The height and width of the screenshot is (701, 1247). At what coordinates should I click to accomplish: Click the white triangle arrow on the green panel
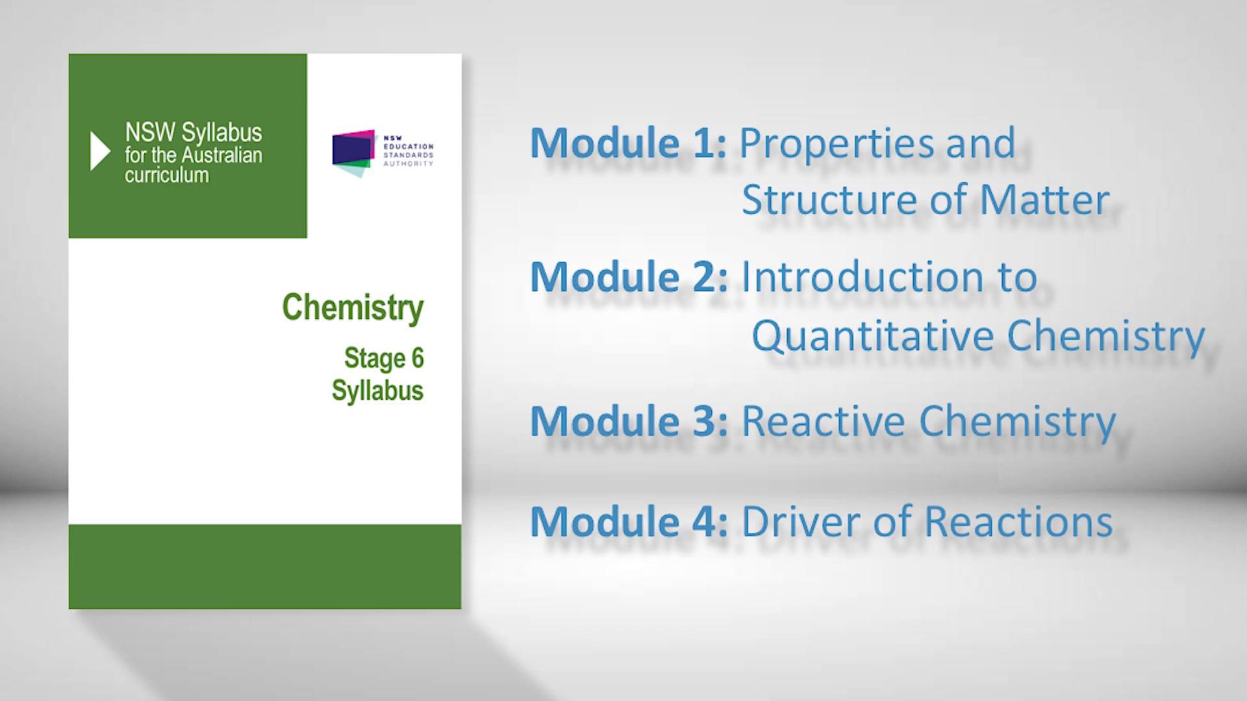99,151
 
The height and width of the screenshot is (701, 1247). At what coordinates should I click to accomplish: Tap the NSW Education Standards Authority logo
383,153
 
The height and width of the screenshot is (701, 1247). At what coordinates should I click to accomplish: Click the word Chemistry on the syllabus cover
353,308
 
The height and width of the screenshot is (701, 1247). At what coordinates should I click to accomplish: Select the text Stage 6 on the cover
384,358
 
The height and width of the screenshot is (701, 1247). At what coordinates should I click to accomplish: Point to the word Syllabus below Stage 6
377,391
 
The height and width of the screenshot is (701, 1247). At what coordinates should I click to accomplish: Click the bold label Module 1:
628,143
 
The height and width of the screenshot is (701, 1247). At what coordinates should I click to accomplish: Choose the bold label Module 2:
629,277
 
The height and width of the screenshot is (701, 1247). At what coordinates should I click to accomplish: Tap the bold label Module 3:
629,421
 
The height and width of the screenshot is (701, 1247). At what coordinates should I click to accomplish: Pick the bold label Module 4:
629,521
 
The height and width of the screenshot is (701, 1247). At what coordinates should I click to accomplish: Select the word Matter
1044,199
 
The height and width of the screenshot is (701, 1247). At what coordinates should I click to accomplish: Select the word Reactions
1018,521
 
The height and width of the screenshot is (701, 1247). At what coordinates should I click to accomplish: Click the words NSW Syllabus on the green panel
194,132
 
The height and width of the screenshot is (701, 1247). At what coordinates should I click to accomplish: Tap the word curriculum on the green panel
167,175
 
